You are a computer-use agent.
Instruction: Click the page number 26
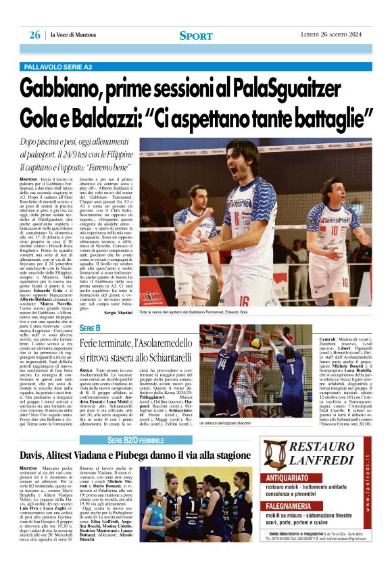pos(34,35)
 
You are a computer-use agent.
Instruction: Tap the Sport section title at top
pos(196,35)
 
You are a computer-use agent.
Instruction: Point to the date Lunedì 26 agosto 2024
pos(335,35)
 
